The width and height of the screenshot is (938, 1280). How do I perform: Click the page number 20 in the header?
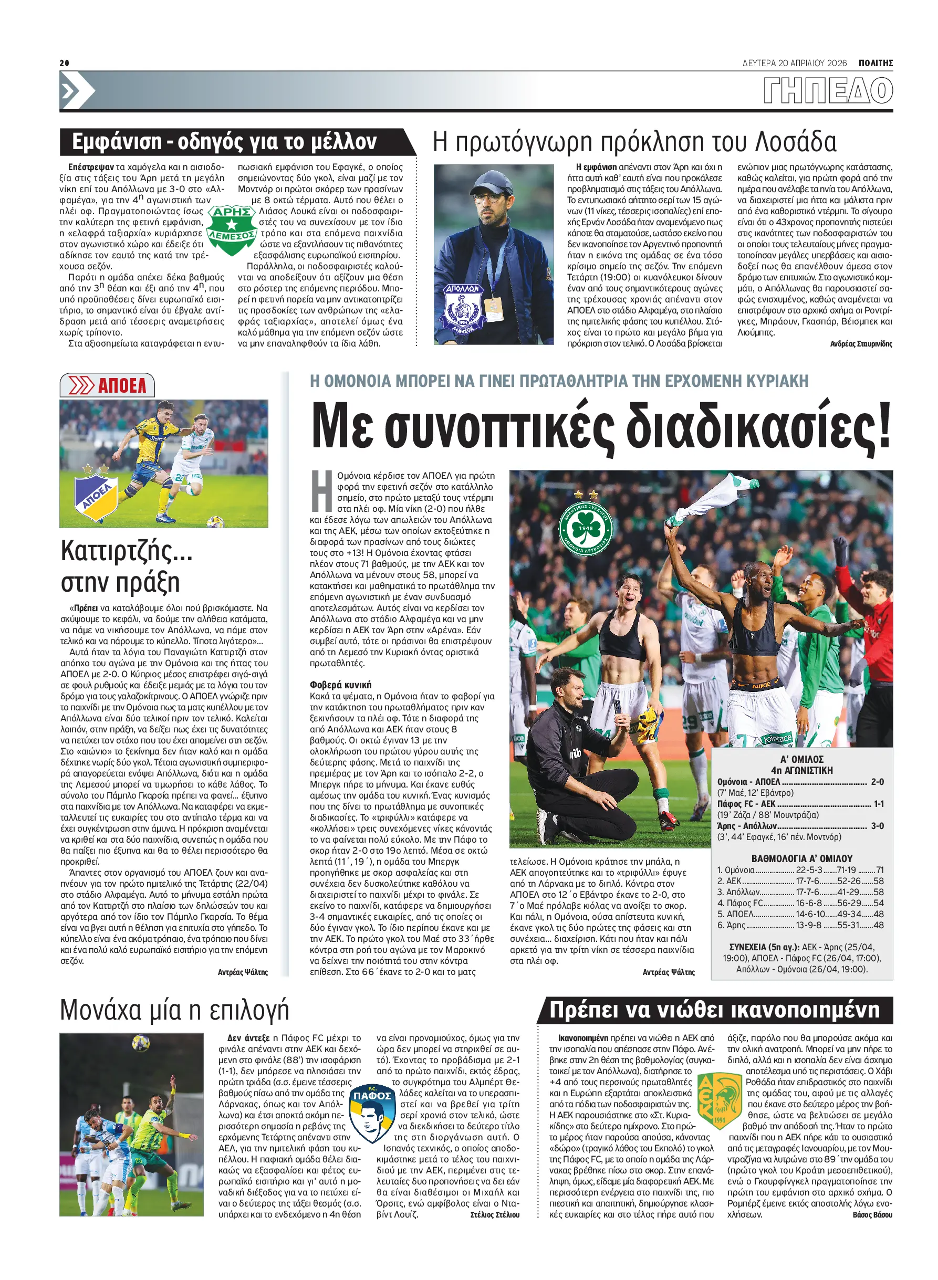click(64, 63)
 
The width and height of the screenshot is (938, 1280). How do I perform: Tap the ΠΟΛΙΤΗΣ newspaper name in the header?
click(875, 63)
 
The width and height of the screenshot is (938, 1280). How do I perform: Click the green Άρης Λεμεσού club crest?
click(231, 230)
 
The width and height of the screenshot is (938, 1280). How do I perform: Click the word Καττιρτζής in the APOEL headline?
click(126, 551)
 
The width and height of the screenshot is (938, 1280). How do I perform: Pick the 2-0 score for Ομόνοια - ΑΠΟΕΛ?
click(877, 782)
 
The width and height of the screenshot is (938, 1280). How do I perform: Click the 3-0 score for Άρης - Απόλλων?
click(877, 826)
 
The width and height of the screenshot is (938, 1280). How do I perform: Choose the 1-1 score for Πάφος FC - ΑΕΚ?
click(878, 804)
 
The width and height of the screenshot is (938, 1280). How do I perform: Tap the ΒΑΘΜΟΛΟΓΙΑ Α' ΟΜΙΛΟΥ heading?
click(802, 858)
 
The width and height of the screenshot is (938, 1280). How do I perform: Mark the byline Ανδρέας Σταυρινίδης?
click(861, 344)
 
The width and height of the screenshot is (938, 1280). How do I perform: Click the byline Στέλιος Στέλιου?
click(495, 1215)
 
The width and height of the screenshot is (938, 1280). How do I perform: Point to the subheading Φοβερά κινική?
click(340, 685)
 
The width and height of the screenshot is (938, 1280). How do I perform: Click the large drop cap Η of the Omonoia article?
click(321, 491)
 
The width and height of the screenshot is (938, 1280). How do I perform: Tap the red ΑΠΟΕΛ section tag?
click(107, 385)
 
